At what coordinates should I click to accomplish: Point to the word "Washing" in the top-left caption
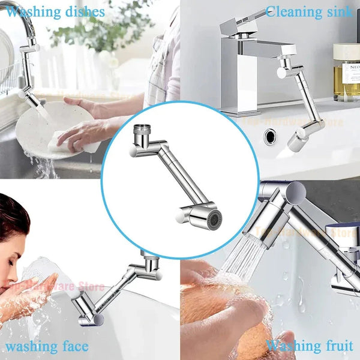(x=31, y=11)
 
